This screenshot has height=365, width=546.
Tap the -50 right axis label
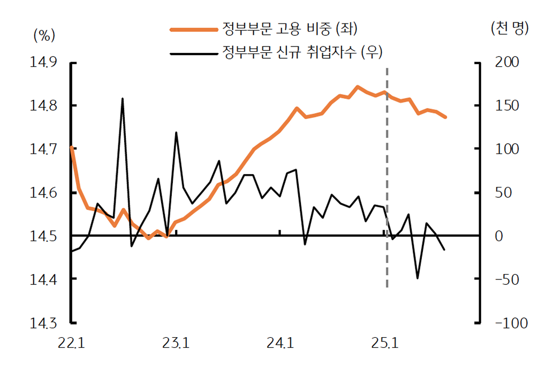click(x=506, y=279)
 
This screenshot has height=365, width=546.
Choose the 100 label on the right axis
click(x=506, y=149)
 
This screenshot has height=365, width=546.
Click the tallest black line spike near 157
click(x=123, y=99)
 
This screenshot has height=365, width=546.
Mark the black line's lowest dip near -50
click(x=418, y=278)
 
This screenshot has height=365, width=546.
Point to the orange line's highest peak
click(x=358, y=87)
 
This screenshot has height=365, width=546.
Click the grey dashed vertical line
click(x=386, y=176)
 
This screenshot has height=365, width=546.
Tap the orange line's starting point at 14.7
click(x=71, y=147)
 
